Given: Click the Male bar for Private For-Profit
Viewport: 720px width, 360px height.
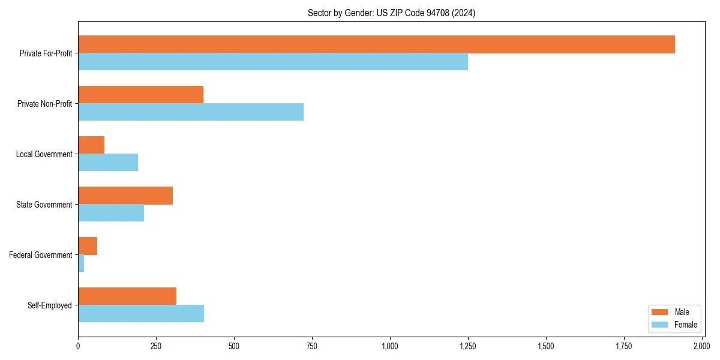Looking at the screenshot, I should pyautogui.click(x=376, y=44).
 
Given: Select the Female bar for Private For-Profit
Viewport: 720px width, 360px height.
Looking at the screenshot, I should pyautogui.click(x=273, y=62).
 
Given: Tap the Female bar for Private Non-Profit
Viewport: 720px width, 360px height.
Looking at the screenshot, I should pyautogui.click(x=191, y=112).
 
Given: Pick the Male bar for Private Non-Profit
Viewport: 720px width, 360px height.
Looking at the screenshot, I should pyautogui.click(x=140, y=95).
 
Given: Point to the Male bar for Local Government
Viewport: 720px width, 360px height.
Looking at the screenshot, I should pyautogui.click(x=91, y=145).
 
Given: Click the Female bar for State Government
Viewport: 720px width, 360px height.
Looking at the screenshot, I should pyautogui.click(x=111, y=213).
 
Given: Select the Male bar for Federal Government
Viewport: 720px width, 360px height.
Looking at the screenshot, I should pyautogui.click(x=88, y=246).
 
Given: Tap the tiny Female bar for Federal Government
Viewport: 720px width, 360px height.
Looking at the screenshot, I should pyautogui.click(x=81, y=263).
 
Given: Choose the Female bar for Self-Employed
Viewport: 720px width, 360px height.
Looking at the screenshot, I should pyautogui.click(x=141, y=314).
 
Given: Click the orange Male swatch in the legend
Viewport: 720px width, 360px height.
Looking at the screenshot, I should pyautogui.click(x=659, y=312).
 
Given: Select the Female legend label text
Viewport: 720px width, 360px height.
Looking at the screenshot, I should pyautogui.click(x=686, y=325).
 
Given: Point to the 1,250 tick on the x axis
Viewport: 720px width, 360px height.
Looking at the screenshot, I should pyautogui.click(x=468, y=346).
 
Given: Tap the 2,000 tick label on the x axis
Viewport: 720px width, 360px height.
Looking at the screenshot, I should pyautogui.click(x=701, y=346).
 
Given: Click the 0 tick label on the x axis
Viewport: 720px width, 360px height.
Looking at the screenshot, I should pyautogui.click(x=78, y=346).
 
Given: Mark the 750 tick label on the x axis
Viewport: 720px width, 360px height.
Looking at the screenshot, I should pyautogui.click(x=312, y=346).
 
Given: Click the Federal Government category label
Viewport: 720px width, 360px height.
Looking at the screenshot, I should pyautogui.click(x=41, y=255).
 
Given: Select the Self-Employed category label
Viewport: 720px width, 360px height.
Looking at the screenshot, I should pyautogui.click(x=50, y=305).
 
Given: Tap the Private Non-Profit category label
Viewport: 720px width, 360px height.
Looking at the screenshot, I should pyautogui.click(x=44, y=104).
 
